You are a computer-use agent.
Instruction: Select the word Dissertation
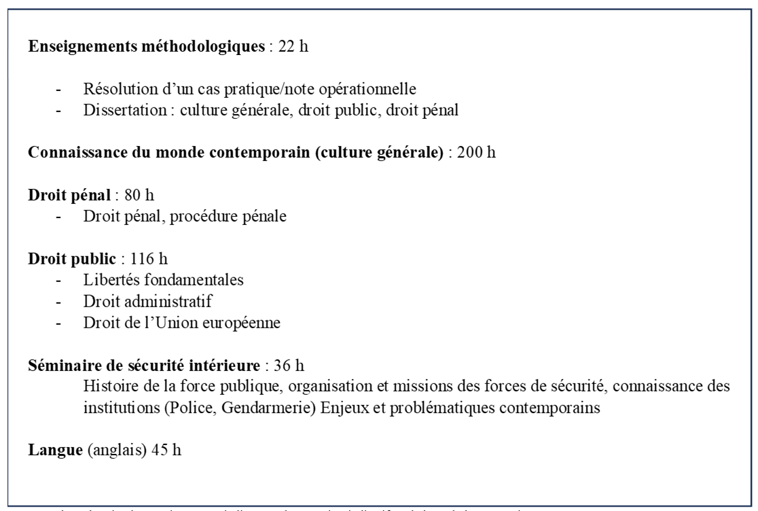pyautogui.click(x=119, y=110)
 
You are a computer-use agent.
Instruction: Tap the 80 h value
pyautogui.click(x=135, y=196)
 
